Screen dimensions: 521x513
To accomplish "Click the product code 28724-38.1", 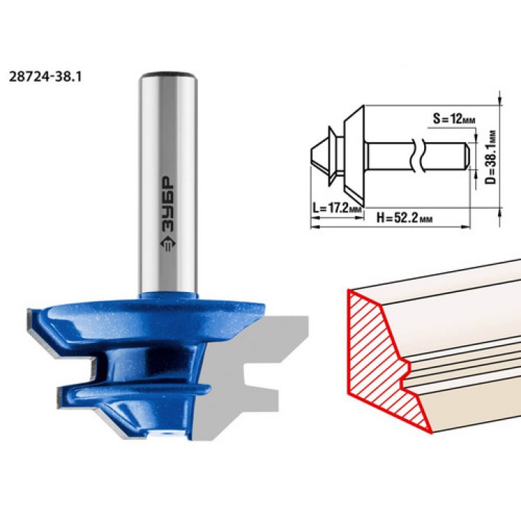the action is click(45, 77).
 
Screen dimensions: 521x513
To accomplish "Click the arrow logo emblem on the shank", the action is click(169, 244).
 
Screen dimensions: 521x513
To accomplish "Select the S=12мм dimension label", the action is click(454, 118).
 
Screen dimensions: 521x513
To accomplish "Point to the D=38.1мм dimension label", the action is click(490, 156).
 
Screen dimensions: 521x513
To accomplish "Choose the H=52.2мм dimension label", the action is click(405, 218).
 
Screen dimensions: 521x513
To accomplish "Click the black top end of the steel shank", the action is click(168, 74).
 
